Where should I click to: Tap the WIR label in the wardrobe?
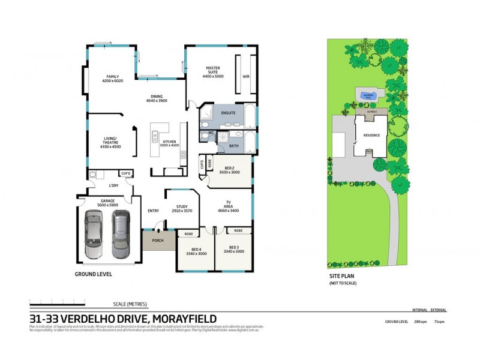[245, 77]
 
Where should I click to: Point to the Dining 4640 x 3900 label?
[157, 98]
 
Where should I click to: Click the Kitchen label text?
[170, 143]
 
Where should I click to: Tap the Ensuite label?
[228, 113]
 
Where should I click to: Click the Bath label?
[233, 145]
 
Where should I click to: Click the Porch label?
[158, 241]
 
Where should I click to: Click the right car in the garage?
[121, 233]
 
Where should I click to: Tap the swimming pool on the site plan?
[367, 95]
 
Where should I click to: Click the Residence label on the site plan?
[371, 136]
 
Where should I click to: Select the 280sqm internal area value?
[420, 322]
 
